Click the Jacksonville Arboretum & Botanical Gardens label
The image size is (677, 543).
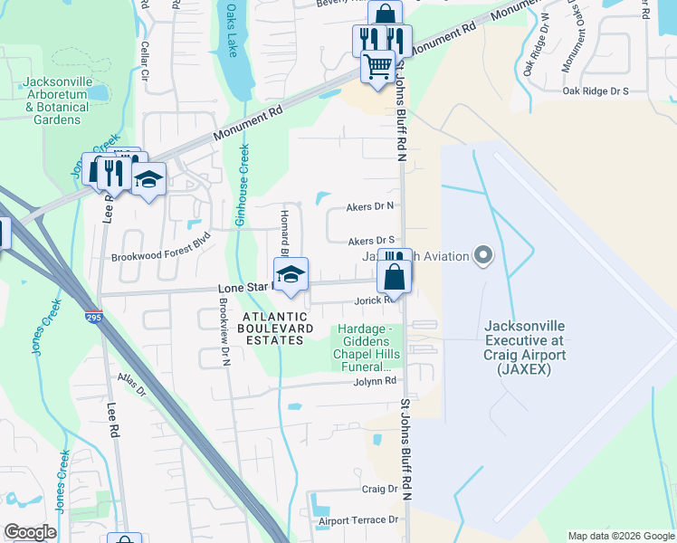coord(57,100)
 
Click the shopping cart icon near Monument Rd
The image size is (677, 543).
coord(378,66)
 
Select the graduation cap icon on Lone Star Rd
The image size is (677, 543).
coord(291,274)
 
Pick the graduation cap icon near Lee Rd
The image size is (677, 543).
coord(148,179)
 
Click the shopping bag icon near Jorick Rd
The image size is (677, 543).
coord(394,275)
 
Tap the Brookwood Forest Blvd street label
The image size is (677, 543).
coord(160,257)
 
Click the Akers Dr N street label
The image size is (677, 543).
coord(371,206)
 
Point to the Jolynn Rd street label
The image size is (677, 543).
coord(376,382)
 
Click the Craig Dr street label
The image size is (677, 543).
coord(380,489)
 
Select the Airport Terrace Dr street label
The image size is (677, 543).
coord(358,520)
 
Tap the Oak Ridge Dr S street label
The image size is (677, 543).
coord(595,91)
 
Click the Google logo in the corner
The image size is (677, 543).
coord(30,532)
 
